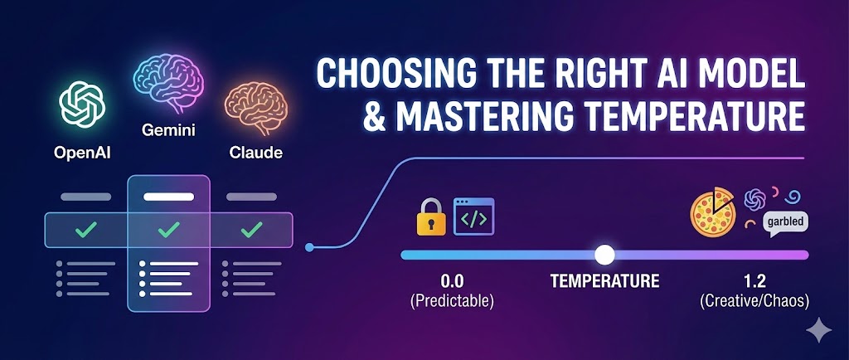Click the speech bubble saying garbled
click(x=785, y=222)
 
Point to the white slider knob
click(x=605, y=254)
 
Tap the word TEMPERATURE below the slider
click(x=604, y=281)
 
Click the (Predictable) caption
click(x=452, y=299)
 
